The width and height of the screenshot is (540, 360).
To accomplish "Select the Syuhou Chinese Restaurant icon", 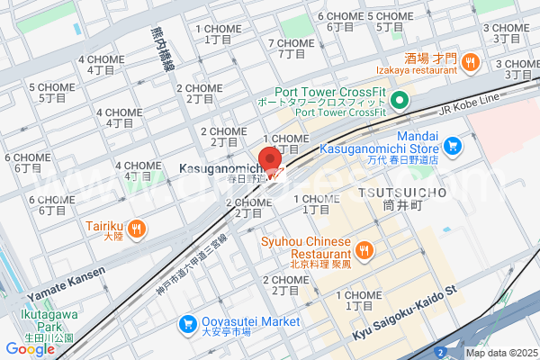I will [365, 249].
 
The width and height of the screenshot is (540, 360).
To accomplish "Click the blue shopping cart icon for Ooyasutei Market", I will [189, 322].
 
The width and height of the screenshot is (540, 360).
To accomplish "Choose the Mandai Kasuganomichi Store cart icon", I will [452, 144].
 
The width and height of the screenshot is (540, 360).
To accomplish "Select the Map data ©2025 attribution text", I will [500, 353].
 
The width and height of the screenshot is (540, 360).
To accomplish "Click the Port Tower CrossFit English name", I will [333, 91].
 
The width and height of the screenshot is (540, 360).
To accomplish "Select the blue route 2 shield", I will [440, 350].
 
